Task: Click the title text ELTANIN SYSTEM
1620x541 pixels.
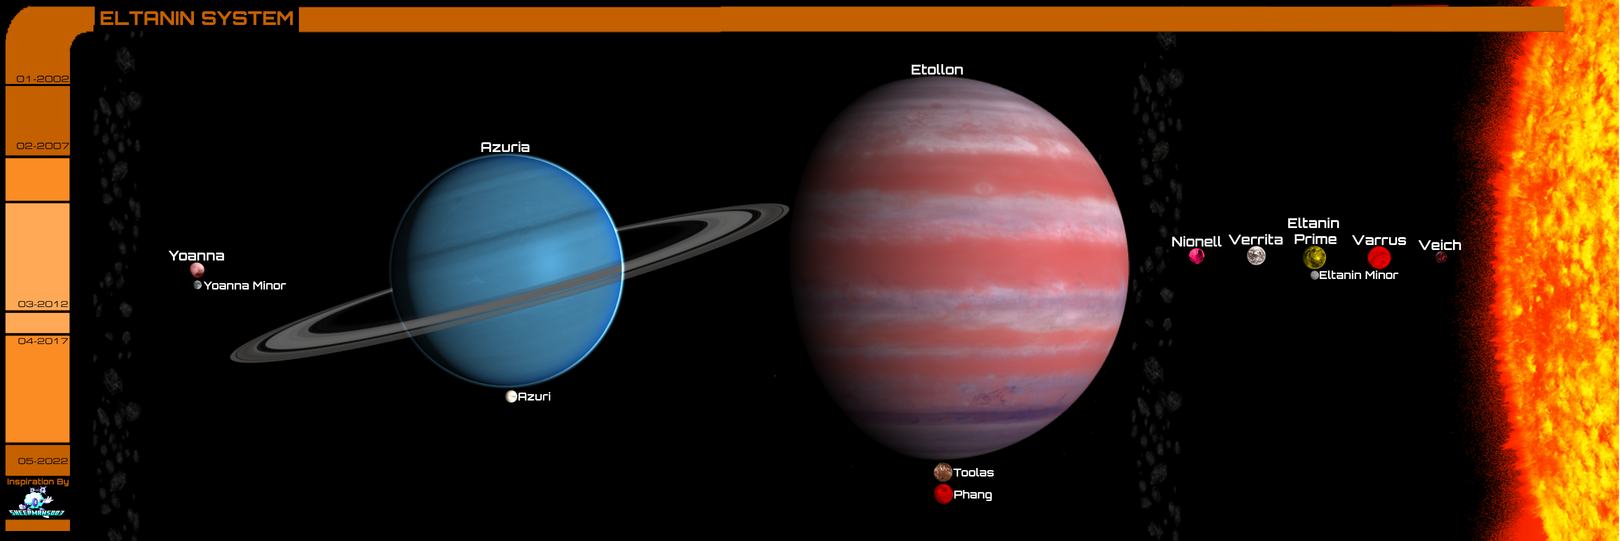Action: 197,18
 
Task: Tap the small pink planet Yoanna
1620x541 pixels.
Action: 197,270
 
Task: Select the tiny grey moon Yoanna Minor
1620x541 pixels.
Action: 197,285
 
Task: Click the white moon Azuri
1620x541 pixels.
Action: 511,396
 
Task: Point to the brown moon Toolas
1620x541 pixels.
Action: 942,472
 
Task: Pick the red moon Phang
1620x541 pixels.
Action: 943,494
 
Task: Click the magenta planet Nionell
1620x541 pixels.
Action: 1196,256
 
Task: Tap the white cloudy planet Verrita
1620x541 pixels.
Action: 1256,256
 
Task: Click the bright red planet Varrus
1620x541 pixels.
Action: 1379,257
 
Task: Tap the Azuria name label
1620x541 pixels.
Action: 505,147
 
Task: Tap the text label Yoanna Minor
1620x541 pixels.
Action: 244,285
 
